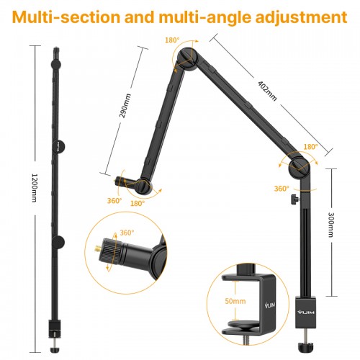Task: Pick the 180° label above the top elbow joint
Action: click(172, 41)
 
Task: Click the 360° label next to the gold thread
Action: click(127, 233)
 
